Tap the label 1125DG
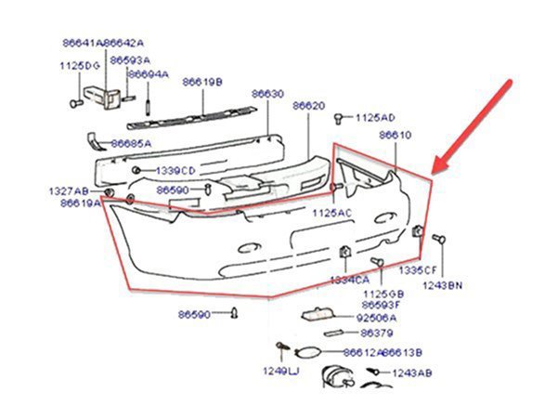click(79, 66)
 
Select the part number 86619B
click(202, 82)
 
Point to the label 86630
click(267, 94)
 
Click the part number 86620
click(309, 107)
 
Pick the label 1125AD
click(376, 118)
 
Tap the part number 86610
click(395, 135)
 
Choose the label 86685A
click(131, 144)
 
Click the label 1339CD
click(175, 171)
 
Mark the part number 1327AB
click(68, 190)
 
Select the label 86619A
click(80, 203)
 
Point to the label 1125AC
click(332, 213)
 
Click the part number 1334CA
click(350, 280)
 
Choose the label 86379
click(376, 333)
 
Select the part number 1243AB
click(411, 373)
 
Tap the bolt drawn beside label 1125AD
click(340, 118)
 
